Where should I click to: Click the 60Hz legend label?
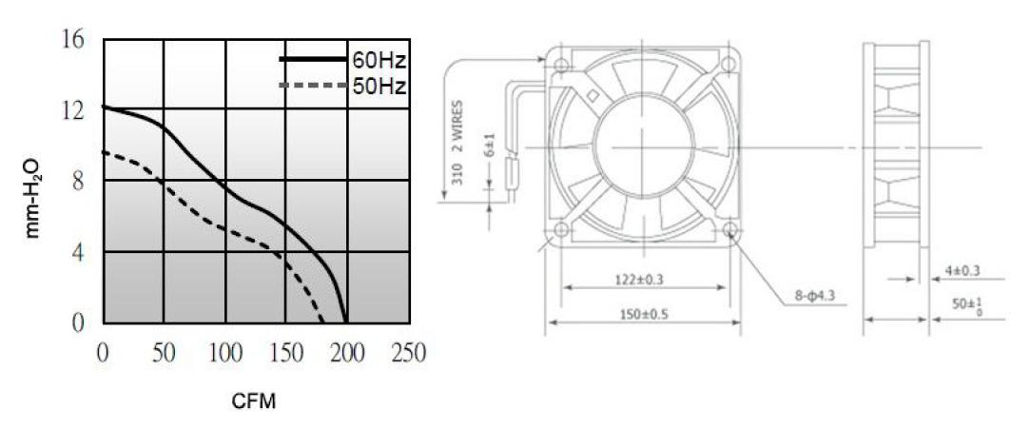click(379, 61)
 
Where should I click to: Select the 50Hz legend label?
click(379, 86)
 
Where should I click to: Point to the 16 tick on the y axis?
click(73, 40)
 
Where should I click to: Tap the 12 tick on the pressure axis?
click(73, 111)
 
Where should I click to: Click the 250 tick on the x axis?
click(408, 353)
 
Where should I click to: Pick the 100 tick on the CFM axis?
click(225, 353)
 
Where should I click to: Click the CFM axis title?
click(253, 402)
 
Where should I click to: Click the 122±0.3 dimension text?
click(637, 280)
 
